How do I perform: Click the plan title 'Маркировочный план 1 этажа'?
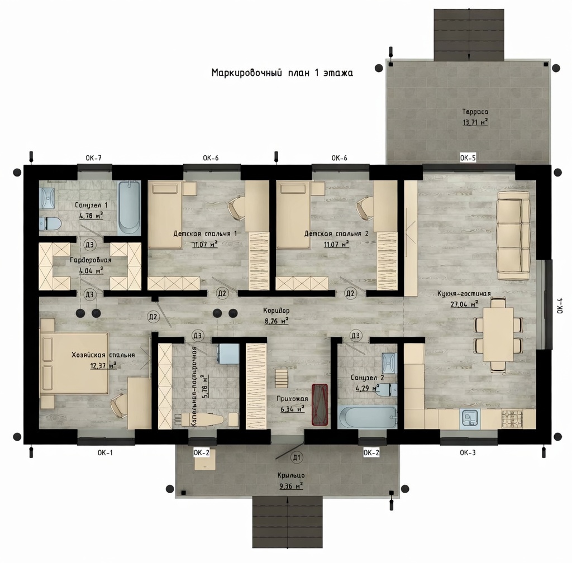(x=282, y=73)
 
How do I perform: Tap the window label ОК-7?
(x=93, y=158)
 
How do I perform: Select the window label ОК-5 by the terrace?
(x=468, y=158)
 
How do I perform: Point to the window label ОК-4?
(x=560, y=306)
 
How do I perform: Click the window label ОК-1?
(x=105, y=452)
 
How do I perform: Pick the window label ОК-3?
(x=468, y=452)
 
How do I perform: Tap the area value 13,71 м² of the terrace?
(x=475, y=122)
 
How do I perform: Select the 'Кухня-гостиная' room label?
(x=464, y=294)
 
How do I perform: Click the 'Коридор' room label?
(x=277, y=311)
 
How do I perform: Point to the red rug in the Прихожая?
(x=320, y=404)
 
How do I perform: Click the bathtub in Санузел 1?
(x=129, y=207)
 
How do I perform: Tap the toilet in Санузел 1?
(x=50, y=223)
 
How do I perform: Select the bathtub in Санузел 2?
(x=368, y=418)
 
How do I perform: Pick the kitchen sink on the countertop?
(x=470, y=418)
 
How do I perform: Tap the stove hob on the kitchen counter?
(x=512, y=418)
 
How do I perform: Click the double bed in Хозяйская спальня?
(x=74, y=363)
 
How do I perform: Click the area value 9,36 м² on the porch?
(x=291, y=486)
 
